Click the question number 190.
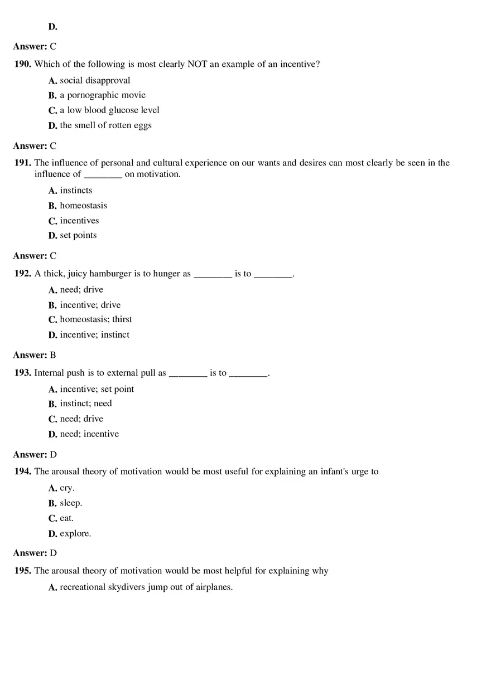23,64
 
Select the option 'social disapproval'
95,80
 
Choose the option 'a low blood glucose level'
109,110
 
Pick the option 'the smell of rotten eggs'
105,125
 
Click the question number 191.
23,163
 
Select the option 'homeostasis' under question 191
83,205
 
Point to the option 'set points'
78,235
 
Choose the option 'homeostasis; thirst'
96,319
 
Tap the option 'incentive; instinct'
94,335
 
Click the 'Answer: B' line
35,355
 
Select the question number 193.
23,373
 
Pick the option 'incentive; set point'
97,389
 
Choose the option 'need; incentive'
89,434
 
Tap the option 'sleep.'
71,503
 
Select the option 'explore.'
75,534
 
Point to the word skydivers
126,587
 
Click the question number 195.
23,571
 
